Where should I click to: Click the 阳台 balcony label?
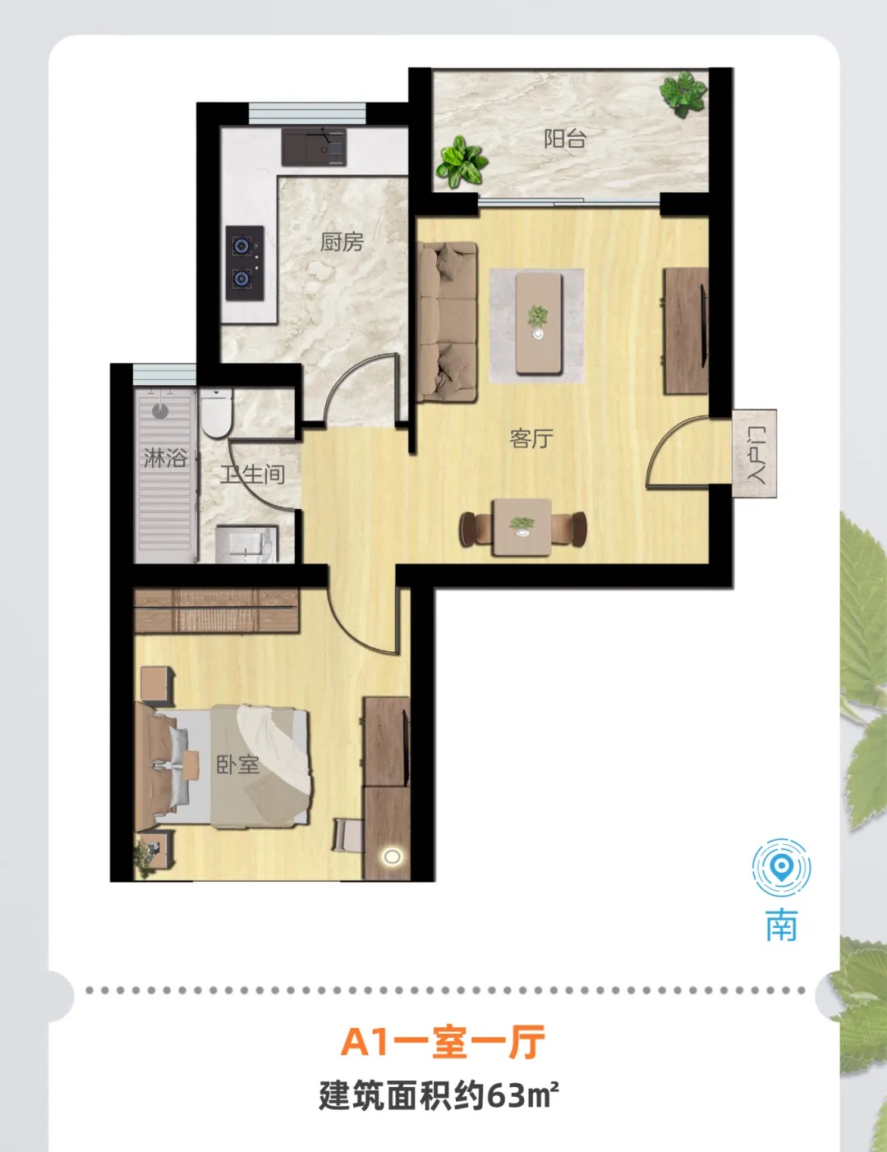[565, 139]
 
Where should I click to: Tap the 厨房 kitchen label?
[342, 242]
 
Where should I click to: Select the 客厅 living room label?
[531, 438]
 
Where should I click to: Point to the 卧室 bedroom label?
[238, 764]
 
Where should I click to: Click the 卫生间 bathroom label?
[253, 475]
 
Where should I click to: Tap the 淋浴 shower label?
[165, 457]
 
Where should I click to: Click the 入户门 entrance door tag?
[755, 454]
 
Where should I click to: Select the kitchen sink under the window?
[314, 147]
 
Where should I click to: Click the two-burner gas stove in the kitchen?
[245, 263]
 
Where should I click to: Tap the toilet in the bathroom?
[216, 413]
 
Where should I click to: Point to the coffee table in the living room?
[539, 324]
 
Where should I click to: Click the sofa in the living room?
[447, 322]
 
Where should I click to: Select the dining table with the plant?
[522, 527]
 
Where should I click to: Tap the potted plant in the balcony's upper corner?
[683, 94]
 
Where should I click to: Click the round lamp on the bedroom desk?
[392, 856]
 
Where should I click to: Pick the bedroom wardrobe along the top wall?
[216, 611]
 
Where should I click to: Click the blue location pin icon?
[781, 868]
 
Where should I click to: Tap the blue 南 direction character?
[782, 925]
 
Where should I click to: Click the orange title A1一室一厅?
[443, 1042]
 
